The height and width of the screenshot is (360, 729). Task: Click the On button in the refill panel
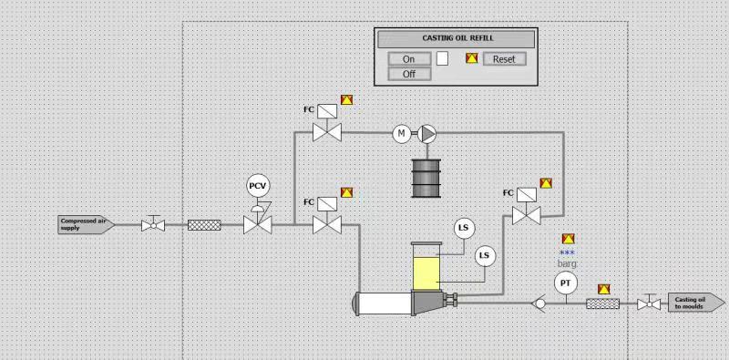pyautogui.click(x=408, y=59)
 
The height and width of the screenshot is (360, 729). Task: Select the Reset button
pyautogui.click(x=504, y=59)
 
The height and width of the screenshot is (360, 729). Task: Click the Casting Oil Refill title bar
pyautogui.click(x=456, y=39)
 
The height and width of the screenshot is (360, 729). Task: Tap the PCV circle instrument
pyautogui.click(x=259, y=186)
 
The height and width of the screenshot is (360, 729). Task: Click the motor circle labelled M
pyautogui.click(x=401, y=134)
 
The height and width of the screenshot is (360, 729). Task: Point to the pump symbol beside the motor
pyautogui.click(x=427, y=134)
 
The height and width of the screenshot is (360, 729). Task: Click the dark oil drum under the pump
pyautogui.click(x=426, y=178)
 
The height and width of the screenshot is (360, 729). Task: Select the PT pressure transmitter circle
pyautogui.click(x=566, y=283)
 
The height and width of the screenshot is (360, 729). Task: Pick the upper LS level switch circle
pyautogui.click(x=464, y=227)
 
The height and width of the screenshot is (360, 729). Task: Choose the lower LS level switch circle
pyautogui.click(x=485, y=255)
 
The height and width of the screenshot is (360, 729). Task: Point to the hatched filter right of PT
pyautogui.click(x=603, y=303)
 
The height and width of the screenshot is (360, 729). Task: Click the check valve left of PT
pyautogui.click(x=539, y=303)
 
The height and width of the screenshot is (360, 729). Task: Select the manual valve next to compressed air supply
pyautogui.click(x=152, y=224)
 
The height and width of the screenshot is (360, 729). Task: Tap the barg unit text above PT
pyautogui.click(x=568, y=263)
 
